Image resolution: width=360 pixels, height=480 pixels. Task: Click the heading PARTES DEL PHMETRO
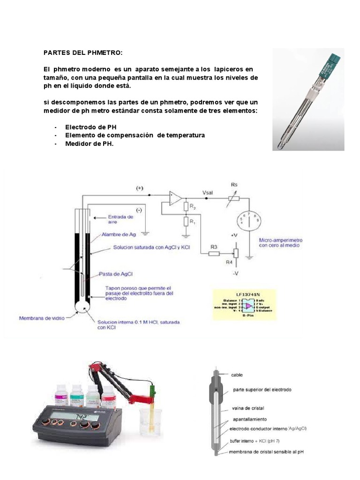tap(82, 52)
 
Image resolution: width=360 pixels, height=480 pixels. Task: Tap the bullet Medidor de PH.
tap(90, 144)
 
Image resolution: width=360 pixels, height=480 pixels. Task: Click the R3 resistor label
tap(214, 246)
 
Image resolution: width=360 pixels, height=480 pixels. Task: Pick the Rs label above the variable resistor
tap(234, 185)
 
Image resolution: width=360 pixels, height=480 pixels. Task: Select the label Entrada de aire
tap(120, 219)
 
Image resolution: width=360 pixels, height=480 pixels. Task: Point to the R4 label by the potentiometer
tap(229, 262)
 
